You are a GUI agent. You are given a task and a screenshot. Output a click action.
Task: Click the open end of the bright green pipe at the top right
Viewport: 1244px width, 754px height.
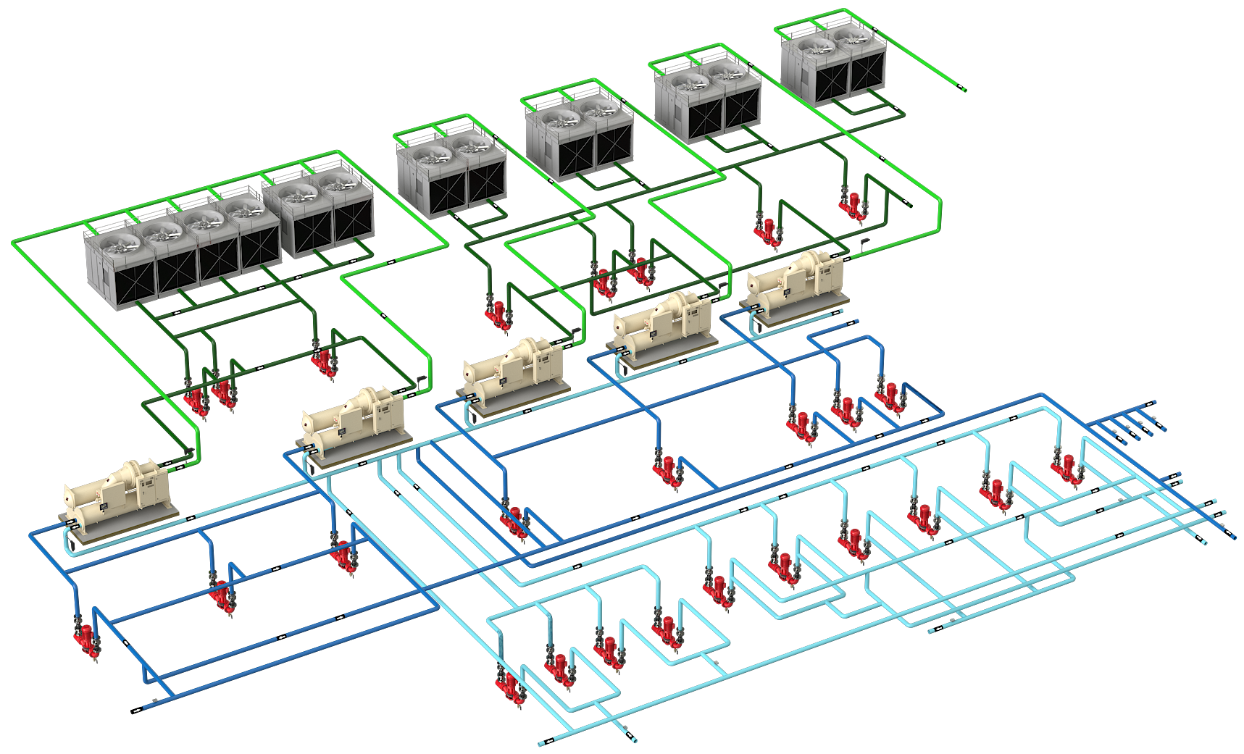(964, 89)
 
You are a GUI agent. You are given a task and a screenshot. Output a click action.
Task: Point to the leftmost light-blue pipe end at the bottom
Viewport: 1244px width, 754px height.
(543, 743)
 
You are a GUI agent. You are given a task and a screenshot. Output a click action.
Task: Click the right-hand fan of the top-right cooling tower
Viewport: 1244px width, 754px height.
(852, 36)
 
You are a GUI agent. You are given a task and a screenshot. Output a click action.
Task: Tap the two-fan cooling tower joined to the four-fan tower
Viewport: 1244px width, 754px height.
(319, 214)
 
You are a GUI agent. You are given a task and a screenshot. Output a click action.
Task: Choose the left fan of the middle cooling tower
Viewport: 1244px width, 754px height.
(558, 116)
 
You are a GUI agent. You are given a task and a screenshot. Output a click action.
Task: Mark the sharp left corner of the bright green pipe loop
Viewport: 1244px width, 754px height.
(14, 242)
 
